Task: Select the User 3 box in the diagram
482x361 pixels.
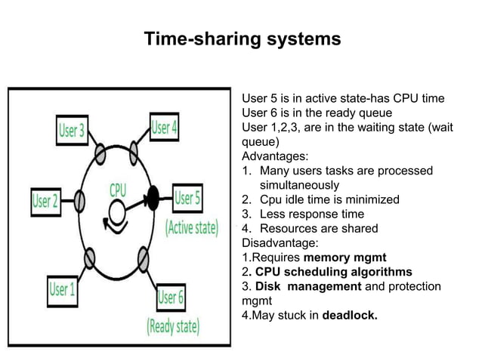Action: [x=73, y=130]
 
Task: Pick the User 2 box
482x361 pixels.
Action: [x=45, y=201]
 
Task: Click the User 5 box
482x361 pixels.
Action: [x=188, y=199]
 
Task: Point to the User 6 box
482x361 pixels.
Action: [x=171, y=297]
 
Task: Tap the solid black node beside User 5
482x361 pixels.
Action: [x=153, y=198]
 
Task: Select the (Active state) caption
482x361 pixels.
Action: [x=191, y=227]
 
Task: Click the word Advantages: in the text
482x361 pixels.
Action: [x=273, y=156]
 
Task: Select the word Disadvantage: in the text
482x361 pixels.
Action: [x=280, y=243]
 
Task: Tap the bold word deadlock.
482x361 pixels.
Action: [x=350, y=315]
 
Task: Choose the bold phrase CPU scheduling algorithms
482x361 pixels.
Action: [x=333, y=272]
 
